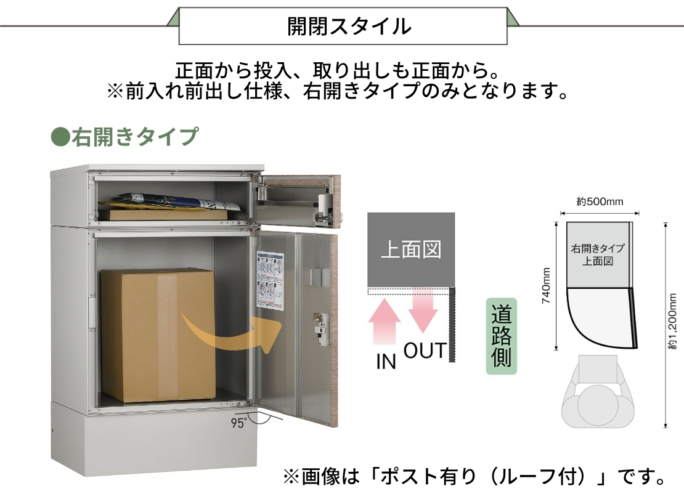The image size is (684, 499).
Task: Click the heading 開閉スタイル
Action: pyautogui.click(x=349, y=26)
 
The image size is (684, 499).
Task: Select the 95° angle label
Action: pyautogui.click(x=238, y=423)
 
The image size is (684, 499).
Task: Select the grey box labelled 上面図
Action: pyautogui.click(x=411, y=249)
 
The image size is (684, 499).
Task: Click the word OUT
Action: pyautogui.click(x=425, y=351)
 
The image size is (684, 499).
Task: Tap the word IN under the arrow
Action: pyautogui.click(x=386, y=362)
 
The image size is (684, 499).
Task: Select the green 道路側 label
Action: pyautogui.click(x=501, y=336)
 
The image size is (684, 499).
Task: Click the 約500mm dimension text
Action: pyautogui.click(x=600, y=201)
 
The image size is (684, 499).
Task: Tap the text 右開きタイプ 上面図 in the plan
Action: pyautogui.click(x=598, y=254)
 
